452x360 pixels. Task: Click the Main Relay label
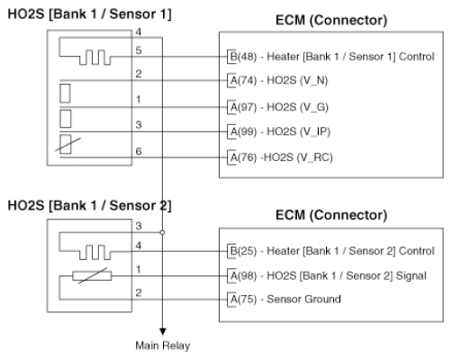163,346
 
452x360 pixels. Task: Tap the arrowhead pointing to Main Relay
163,331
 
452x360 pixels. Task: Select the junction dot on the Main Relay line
162,232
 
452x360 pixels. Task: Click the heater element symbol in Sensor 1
95,57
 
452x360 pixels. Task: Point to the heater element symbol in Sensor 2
95,252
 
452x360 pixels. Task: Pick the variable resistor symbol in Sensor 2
92,275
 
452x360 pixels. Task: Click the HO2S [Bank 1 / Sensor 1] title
89,14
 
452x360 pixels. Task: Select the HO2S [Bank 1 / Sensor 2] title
89,206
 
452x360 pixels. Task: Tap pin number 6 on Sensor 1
139,151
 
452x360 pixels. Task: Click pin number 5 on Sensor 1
139,50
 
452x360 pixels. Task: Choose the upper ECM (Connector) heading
331,21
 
